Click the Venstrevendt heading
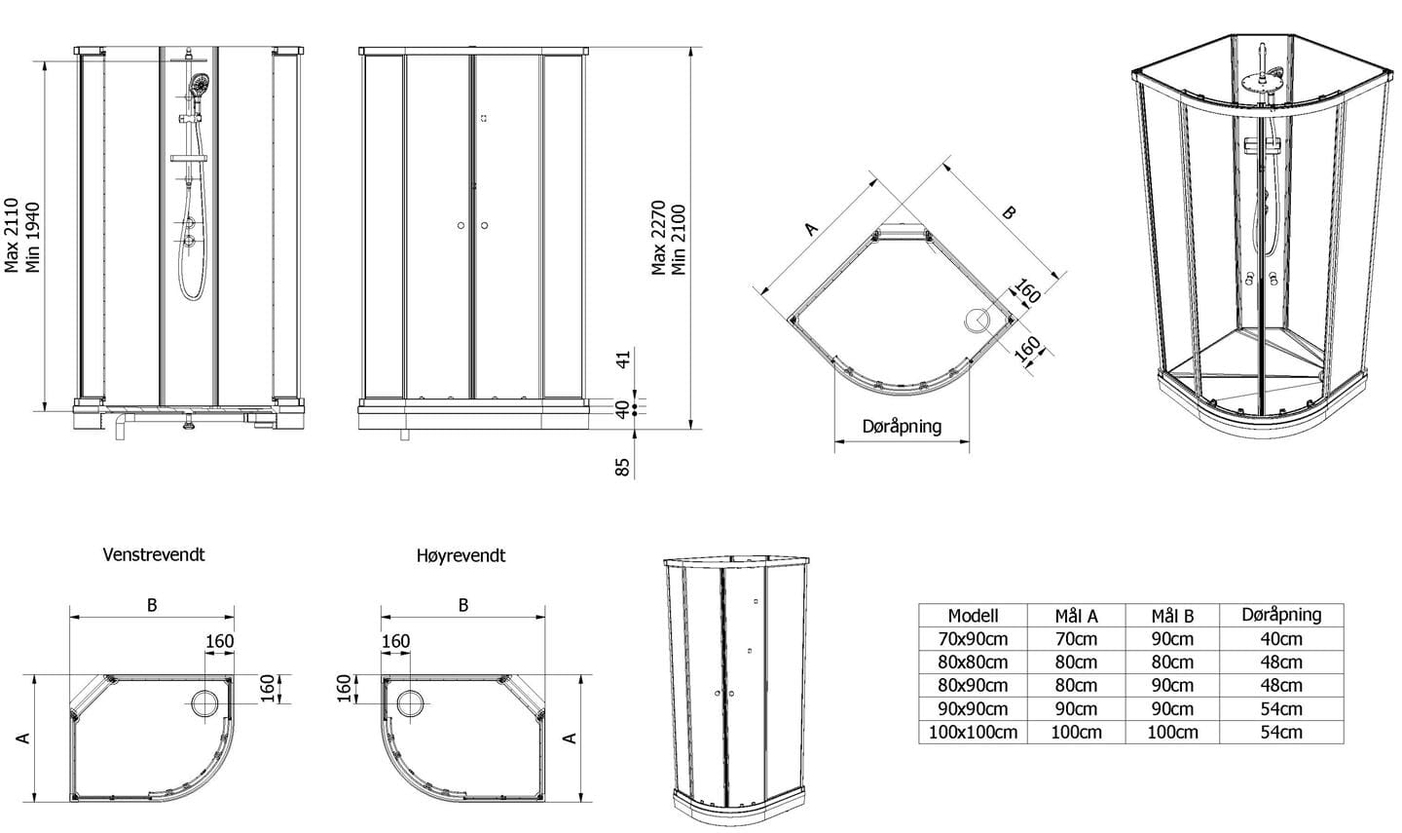click(x=154, y=555)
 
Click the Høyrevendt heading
click(x=461, y=555)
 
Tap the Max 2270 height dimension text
click(x=658, y=238)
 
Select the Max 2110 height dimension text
click(x=12, y=236)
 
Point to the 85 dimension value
click(x=622, y=468)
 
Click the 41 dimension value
click(x=623, y=360)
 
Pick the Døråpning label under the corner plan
click(x=902, y=427)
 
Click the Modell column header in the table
click(x=973, y=616)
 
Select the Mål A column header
click(x=1076, y=617)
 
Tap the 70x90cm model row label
click(x=973, y=639)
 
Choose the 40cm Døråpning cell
click(x=1280, y=639)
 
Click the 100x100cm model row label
click(x=973, y=733)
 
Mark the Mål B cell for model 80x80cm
click(x=1172, y=663)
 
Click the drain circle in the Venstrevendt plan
click(x=205, y=704)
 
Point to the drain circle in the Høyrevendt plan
click(x=411, y=704)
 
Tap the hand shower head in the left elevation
click(x=200, y=84)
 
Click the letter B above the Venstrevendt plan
click(x=152, y=605)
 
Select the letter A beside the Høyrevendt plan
click(x=571, y=738)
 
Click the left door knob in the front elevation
click(x=461, y=225)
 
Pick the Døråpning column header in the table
click(x=1281, y=616)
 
